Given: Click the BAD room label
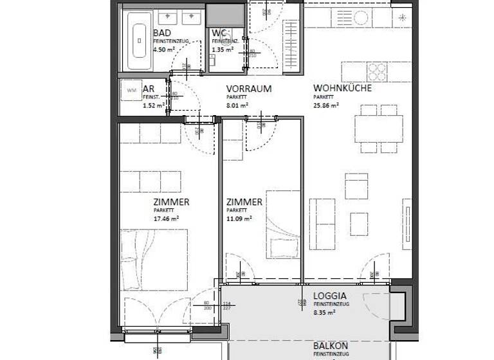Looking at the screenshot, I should coord(162,33).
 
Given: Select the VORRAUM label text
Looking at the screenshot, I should coord(248,89).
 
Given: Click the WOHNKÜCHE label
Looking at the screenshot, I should coord(342,89).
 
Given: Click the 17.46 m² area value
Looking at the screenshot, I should coord(166,218).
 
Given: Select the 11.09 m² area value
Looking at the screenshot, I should coord(239,218).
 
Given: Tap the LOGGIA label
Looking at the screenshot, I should coord(331,296).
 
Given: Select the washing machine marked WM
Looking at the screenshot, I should coord(132,89).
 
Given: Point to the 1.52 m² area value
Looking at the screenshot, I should coord(152,105).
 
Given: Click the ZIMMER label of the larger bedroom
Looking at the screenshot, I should coord(171,202).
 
